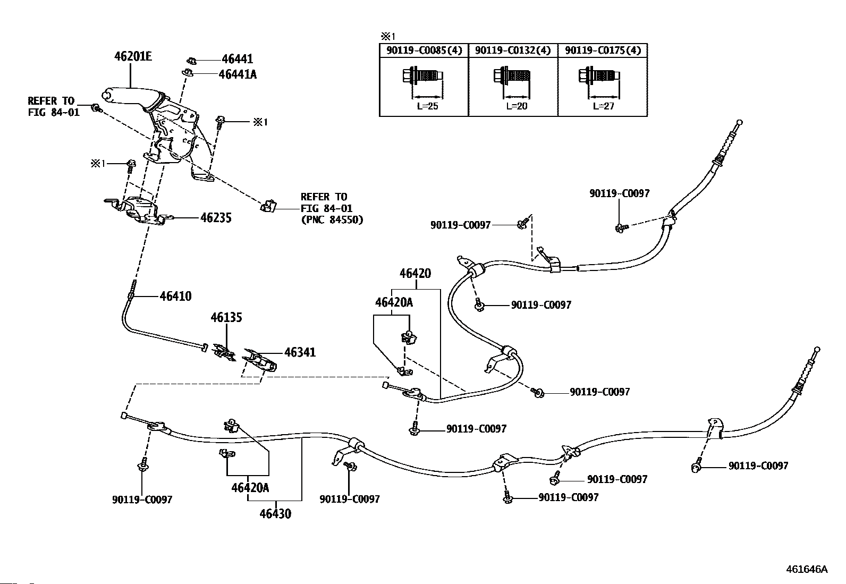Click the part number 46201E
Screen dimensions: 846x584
point(133,56)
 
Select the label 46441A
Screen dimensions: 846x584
point(238,74)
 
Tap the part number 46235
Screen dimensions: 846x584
point(216,218)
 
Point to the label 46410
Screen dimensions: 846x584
point(175,296)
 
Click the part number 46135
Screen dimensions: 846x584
point(226,317)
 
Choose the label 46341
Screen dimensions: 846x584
point(300,352)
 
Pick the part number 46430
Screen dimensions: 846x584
point(275,514)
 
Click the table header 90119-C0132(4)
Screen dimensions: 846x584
point(513,50)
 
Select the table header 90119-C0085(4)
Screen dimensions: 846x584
point(424,50)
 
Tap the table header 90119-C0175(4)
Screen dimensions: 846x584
point(603,50)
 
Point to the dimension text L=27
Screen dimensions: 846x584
point(604,106)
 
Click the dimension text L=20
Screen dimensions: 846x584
point(517,106)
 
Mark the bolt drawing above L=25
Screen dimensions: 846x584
point(422,77)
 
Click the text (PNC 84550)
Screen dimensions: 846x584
point(332,220)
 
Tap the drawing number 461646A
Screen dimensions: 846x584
point(807,569)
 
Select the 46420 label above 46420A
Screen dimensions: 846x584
point(415,273)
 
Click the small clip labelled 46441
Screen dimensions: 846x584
point(191,60)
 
